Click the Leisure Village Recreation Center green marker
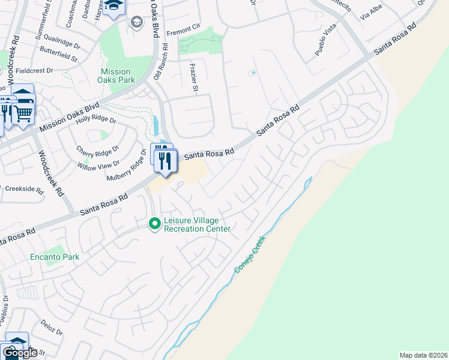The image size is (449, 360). pos(155,223)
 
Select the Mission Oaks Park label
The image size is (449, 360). pos(125,76)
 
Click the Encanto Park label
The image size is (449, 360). pos(55,257)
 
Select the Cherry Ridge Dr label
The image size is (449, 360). pos(98,148)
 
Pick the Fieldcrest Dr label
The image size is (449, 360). pos(34,70)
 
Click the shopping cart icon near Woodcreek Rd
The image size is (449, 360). pos(23,113)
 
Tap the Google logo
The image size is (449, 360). pos(19,353)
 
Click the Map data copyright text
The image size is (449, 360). pos(423,355)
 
